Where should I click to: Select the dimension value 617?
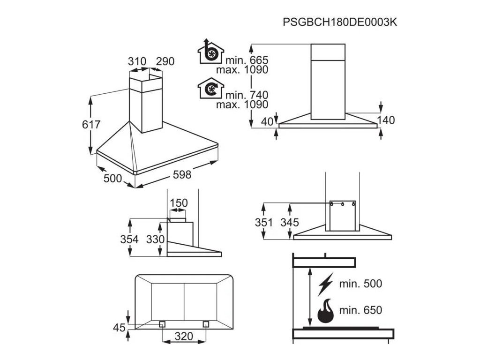[91, 125]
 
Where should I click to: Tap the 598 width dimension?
[182, 175]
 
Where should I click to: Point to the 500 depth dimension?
[112, 178]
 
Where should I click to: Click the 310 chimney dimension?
[137, 61]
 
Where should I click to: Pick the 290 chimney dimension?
[165, 61]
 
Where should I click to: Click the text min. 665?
[247, 60]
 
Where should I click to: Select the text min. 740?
[247, 96]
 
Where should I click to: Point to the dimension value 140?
[386, 120]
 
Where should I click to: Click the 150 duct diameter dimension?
[178, 203]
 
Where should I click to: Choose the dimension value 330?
[155, 240]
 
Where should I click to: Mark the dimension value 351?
[264, 223]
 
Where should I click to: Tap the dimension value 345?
[290, 223]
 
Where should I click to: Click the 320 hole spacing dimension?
[184, 336]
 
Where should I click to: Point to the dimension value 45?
[120, 327]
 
